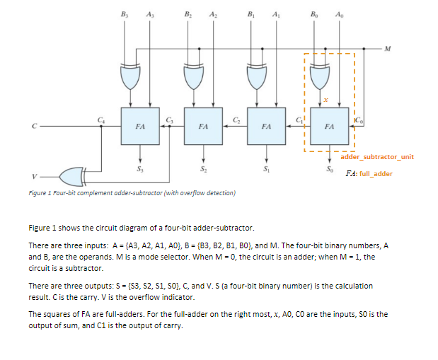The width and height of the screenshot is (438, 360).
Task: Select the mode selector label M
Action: coord(388,48)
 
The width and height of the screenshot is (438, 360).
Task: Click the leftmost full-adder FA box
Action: coord(140,125)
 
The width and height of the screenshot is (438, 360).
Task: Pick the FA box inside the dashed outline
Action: coord(329,125)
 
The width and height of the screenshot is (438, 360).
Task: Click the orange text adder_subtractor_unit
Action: coord(381,156)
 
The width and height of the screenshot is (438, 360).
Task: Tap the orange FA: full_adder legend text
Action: coord(368,173)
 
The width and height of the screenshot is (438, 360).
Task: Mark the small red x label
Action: coord(325,100)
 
